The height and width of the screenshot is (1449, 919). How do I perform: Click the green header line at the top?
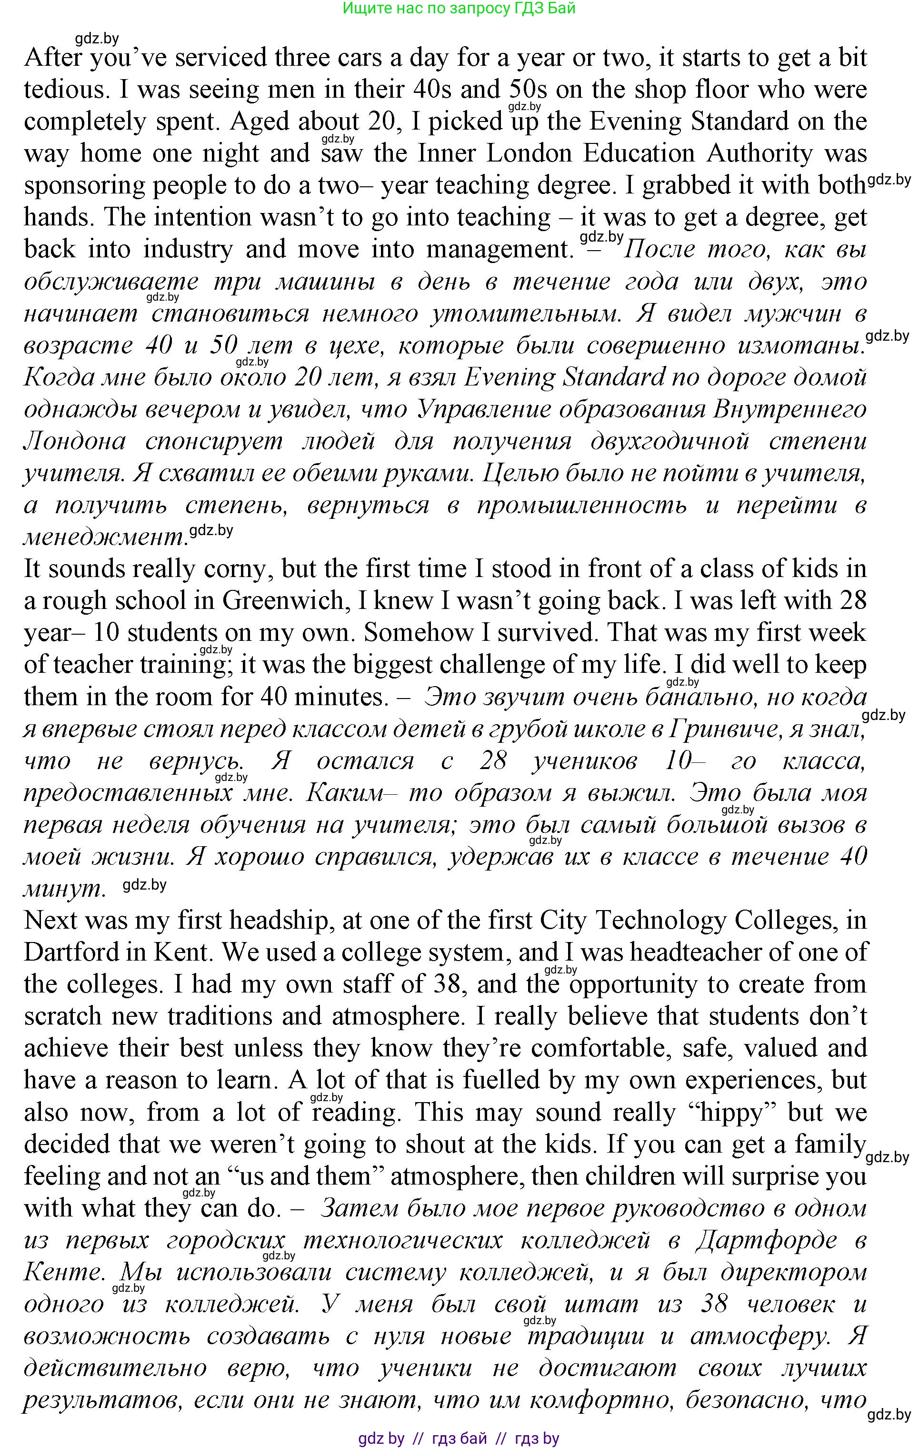click(459, 9)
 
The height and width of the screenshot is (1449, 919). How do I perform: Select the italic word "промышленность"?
click(581, 506)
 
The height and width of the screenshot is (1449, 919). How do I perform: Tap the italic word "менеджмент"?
click(103, 537)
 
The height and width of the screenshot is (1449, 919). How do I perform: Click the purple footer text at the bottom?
click(459, 1438)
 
